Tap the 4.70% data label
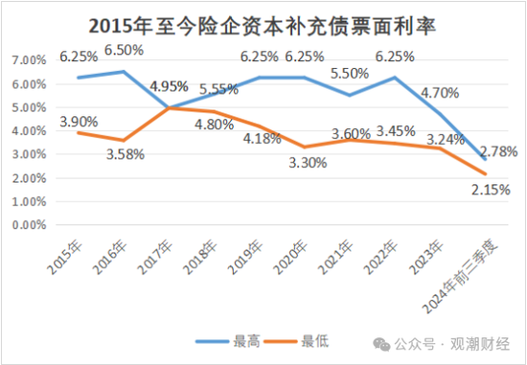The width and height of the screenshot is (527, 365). (x=441, y=93)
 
